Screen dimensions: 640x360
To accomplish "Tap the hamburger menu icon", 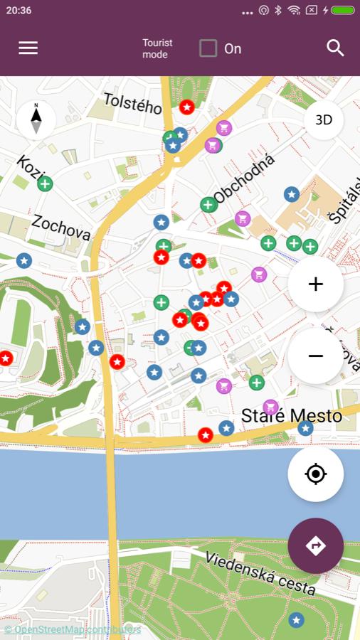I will click(x=28, y=48).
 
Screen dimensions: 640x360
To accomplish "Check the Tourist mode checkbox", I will click(x=208, y=48).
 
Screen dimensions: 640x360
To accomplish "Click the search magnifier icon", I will click(x=335, y=48).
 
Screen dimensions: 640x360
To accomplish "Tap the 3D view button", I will click(x=324, y=120).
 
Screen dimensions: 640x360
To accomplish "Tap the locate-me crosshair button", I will click(x=315, y=474).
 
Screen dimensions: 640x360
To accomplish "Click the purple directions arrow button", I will click(x=315, y=545).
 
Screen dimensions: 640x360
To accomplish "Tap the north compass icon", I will click(x=36, y=119).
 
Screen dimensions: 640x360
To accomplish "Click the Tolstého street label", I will click(x=133, y=103).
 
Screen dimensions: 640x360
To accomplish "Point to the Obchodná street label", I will click(x=245, y=178).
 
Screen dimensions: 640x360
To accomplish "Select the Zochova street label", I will click(x=61, y=228).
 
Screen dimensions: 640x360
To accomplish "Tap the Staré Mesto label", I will click(x=292, y=416).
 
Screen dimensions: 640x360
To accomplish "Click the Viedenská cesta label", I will click(x=260, y=572).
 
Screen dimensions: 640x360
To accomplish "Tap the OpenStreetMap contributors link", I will click(x=72, y=629).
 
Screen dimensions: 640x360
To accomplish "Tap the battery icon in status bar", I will click(x=342, y=11).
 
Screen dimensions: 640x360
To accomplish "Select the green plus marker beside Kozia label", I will click(x=45, y=184).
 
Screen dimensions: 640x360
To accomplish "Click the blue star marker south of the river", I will click(x=296, y=620).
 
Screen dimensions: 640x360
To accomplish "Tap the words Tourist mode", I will click(x=157, y=48).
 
